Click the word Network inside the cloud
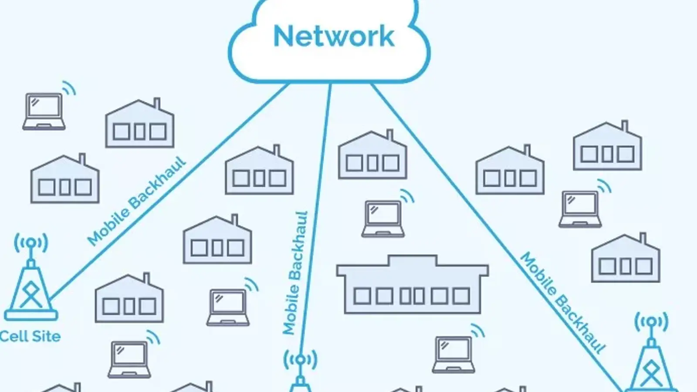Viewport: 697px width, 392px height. coord(334,36)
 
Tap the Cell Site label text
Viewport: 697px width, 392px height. coord(30,336)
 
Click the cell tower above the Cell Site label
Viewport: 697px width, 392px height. coord(30,283)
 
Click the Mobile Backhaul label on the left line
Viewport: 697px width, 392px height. coord(136,201)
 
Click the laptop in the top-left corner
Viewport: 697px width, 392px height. coord(44,112)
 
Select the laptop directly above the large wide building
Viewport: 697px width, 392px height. coord(383,218)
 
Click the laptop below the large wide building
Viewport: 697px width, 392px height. coord(453,354)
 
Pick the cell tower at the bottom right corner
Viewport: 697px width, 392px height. coord(651,362)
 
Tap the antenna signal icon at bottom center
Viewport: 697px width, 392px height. coord(300,360)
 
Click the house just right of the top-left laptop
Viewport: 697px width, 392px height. coord(139,125)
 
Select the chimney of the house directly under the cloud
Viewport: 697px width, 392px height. coord(390,135)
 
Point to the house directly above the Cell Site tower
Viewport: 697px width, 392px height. coord(65,180)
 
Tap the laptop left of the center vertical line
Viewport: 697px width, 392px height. coord(228,307)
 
